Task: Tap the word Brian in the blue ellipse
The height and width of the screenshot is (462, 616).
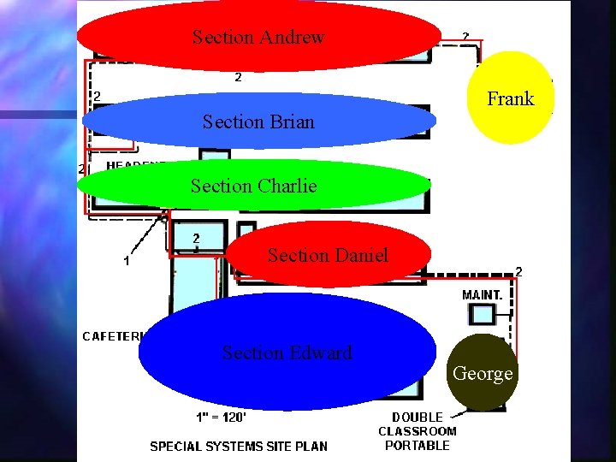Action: coord(292,122)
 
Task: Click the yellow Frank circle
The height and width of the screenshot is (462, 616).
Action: coord(510,98)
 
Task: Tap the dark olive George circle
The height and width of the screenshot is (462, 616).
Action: coord(483,373)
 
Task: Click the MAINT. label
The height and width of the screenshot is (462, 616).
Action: coord(483,294)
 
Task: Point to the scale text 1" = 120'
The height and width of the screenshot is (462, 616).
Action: coord(218,418)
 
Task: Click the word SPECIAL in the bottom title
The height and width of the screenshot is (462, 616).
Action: coord(177,446)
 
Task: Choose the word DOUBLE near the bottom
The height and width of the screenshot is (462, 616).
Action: coord(418,418)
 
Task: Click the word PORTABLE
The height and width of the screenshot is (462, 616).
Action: coord(418,445)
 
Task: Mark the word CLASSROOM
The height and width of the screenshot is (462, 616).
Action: coord(418,431)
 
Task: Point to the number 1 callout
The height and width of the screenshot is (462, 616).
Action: coord(127,261)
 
